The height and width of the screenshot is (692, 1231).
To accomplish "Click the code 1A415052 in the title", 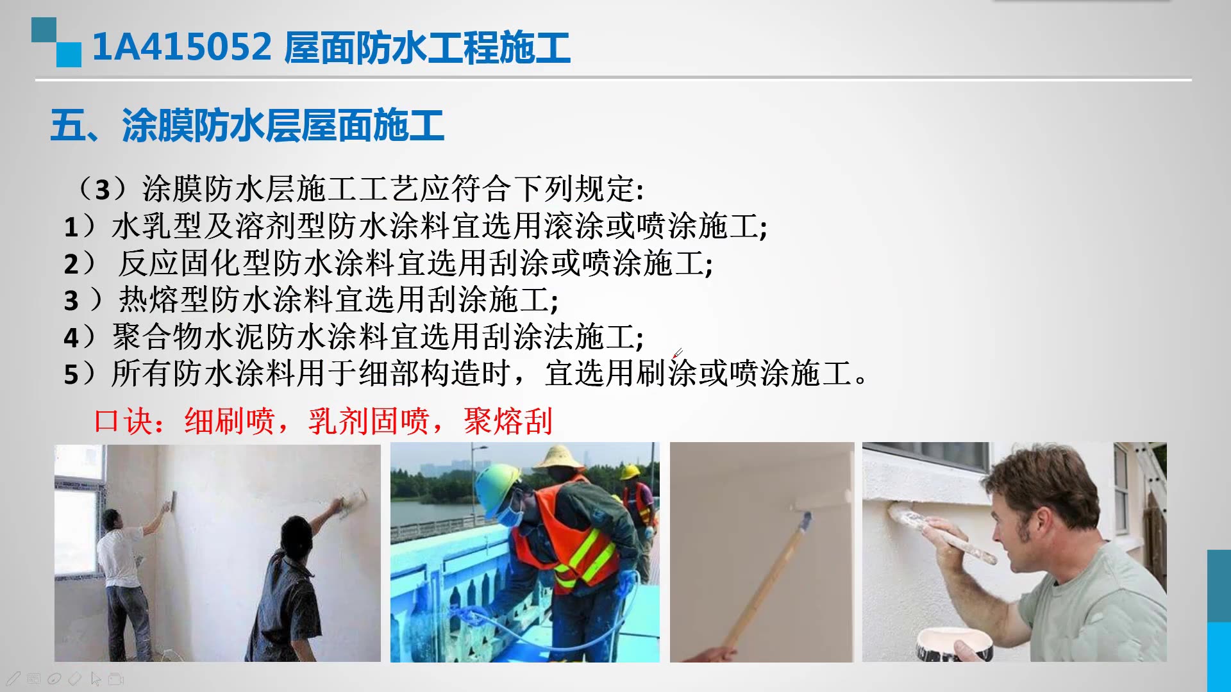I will point(182,47).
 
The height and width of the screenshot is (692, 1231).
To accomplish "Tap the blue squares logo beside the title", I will point(56,42).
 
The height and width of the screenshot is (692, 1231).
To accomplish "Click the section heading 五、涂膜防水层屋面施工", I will point(247,126).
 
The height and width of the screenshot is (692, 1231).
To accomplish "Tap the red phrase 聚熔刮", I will point(508,422).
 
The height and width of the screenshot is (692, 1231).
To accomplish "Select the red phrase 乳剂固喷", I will point(368,422).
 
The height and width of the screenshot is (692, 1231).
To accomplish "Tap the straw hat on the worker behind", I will point(559,457).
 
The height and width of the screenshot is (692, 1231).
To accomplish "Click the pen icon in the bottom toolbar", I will point(13,678).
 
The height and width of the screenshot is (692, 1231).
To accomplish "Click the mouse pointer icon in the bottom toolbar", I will point(96,678).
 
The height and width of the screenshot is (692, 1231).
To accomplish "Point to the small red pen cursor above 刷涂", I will point(678,352).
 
